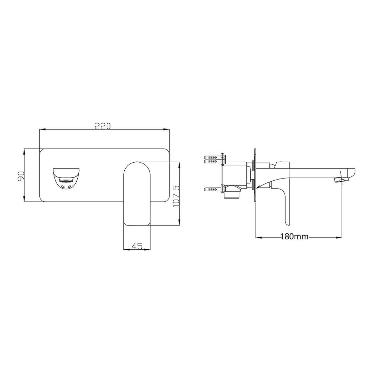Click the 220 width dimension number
tap(103, 126)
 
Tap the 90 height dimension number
tap(20, 175)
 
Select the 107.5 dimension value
tap(176, 196)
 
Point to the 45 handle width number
tap(137, 246)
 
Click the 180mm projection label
tap(294, 237)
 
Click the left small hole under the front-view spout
tap(63, 187)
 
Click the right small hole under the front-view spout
tap(70, 187)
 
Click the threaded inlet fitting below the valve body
tap(232, 194)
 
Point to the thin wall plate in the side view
tap(255, 176)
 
